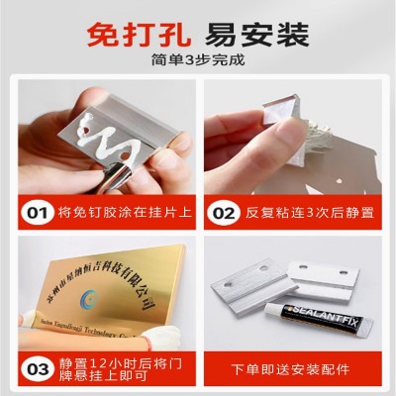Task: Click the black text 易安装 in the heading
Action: [x=253, y=40]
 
